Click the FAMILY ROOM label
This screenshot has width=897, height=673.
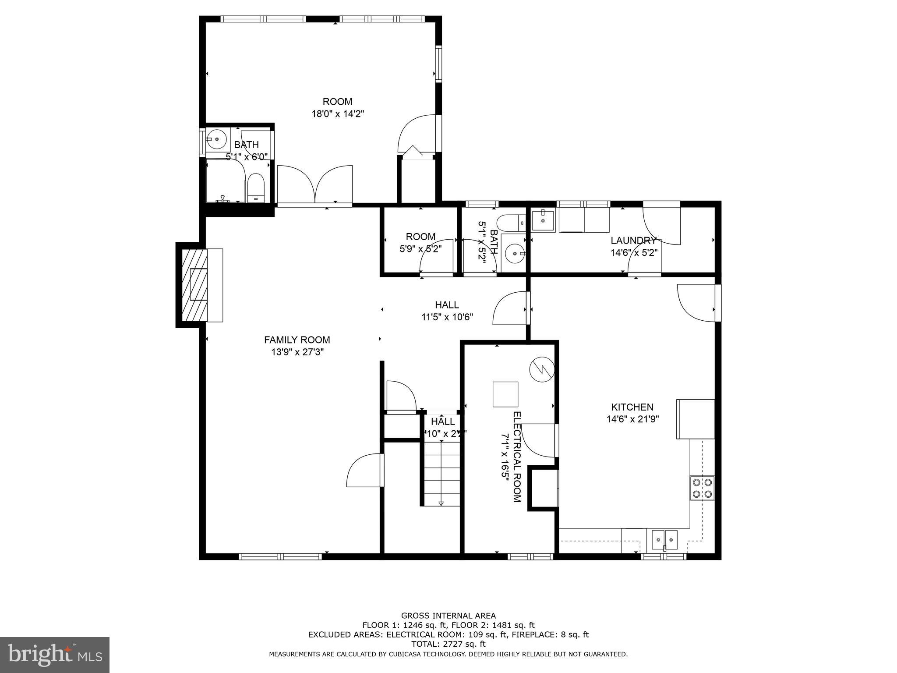point(297,340)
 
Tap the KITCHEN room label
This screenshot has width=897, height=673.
point(632,407)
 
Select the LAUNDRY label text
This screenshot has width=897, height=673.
point(633,241)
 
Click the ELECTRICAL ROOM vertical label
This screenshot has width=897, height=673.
point(517,457)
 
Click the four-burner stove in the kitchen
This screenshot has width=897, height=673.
point(702,489)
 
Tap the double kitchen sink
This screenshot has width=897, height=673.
point(664,539)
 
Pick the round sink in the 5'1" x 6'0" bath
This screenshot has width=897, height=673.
point(216,140)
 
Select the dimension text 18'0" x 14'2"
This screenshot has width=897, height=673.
point(338,114)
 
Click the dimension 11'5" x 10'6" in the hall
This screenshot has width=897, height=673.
point(447,317)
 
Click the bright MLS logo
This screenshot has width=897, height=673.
point(55,655)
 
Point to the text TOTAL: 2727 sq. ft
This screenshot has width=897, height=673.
point(448,644)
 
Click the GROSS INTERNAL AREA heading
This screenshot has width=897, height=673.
point(448,616)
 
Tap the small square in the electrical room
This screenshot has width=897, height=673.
point(505,394)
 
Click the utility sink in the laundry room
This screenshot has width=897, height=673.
point(543,220)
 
